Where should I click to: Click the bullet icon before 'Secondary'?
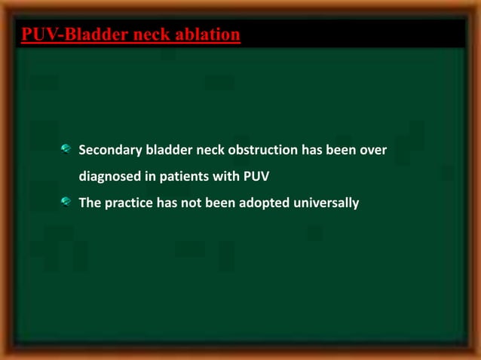(x=67, y=151)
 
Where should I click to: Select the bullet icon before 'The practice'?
(x=67, y=202)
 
